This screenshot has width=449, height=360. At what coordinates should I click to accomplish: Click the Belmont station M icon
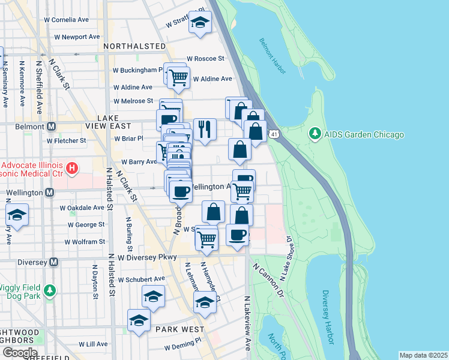point(51,127)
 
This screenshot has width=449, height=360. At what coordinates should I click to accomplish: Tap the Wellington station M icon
point(50,193)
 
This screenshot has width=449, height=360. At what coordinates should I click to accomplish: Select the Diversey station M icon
point(54,262)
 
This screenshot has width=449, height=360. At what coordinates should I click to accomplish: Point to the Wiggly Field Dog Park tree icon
point(51,290)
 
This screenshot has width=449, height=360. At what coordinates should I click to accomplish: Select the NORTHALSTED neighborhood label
point(134,46)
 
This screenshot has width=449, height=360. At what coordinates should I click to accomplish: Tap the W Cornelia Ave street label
point(67,20)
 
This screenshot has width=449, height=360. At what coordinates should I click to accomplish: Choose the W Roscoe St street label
point(205,59)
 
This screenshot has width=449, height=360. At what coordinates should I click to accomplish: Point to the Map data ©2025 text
point(423,355)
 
